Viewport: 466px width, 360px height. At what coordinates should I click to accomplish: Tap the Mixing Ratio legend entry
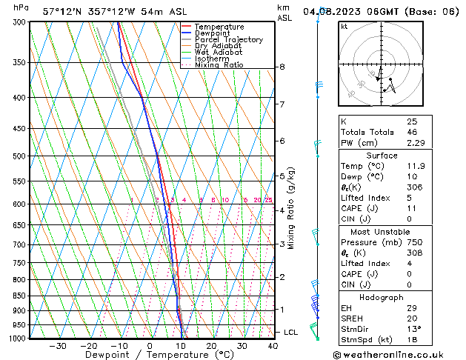point(219,65)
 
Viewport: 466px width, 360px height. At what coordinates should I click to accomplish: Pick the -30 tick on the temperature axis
point(58,346)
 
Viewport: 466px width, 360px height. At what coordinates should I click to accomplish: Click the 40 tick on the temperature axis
point(273,346)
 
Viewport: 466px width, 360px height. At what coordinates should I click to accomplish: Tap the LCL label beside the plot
point(291,333)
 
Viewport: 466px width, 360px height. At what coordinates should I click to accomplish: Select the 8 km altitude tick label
point(282,67)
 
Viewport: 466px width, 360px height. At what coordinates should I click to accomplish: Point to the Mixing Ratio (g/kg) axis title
point(291,208)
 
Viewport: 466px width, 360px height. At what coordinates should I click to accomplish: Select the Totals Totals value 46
point(412,132)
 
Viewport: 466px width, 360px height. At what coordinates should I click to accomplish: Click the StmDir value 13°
point(413,329)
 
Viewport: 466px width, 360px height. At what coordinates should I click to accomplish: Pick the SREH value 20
point(411,318)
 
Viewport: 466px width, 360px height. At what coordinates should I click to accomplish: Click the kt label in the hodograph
point(344,27)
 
